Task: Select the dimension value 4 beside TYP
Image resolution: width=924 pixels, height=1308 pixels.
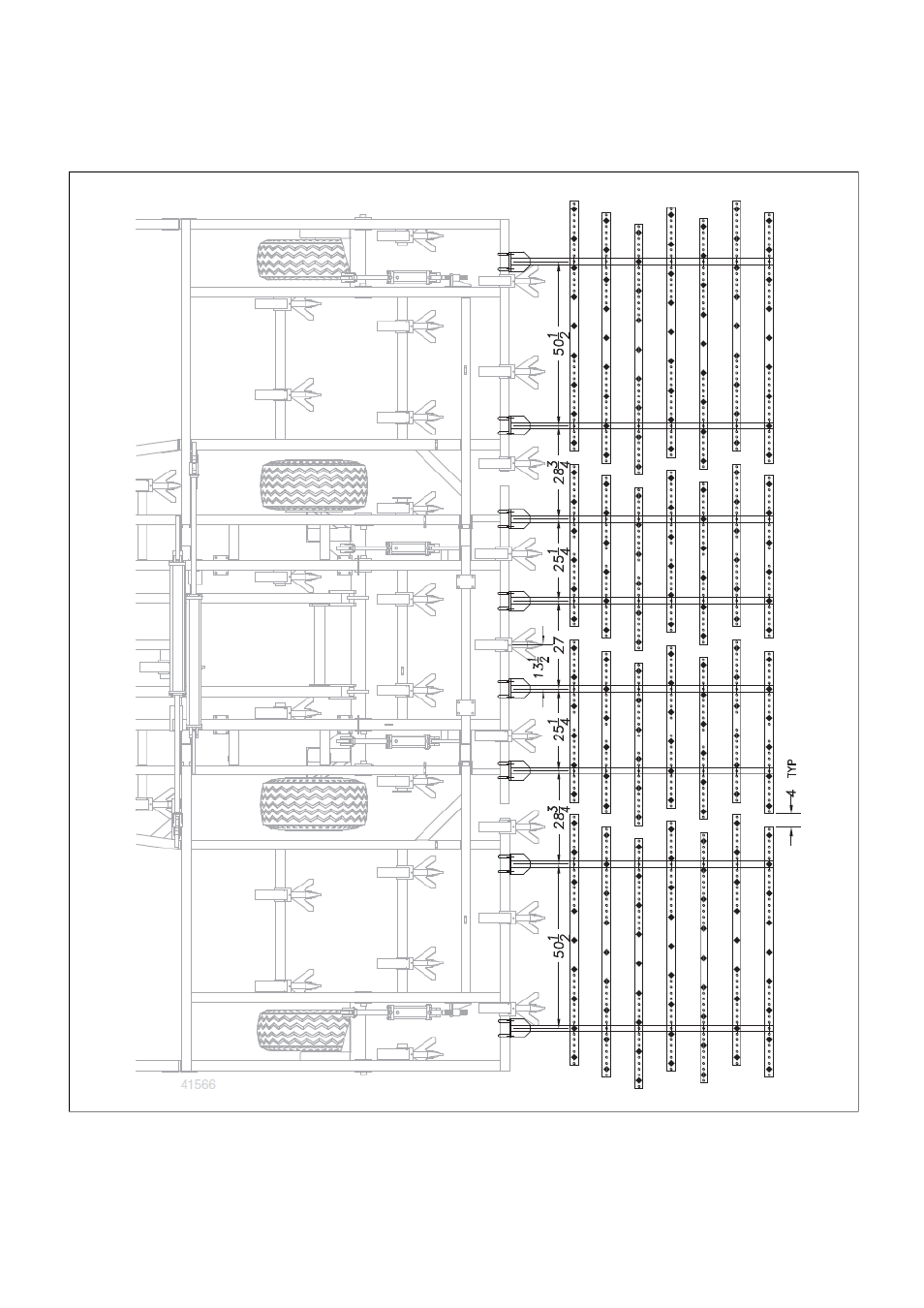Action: pos(791,794)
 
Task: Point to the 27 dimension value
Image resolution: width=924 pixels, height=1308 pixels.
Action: pos(559,644)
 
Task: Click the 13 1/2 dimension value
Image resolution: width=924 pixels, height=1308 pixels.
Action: pos(540,667)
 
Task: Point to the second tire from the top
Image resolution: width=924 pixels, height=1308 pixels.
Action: pos(314,485)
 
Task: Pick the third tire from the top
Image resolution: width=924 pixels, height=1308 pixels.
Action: pos(314,803)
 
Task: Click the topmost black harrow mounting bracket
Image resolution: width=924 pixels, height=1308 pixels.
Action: pos(513,261)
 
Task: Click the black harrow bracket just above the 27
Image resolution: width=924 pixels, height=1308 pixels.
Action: pos(513,601)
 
